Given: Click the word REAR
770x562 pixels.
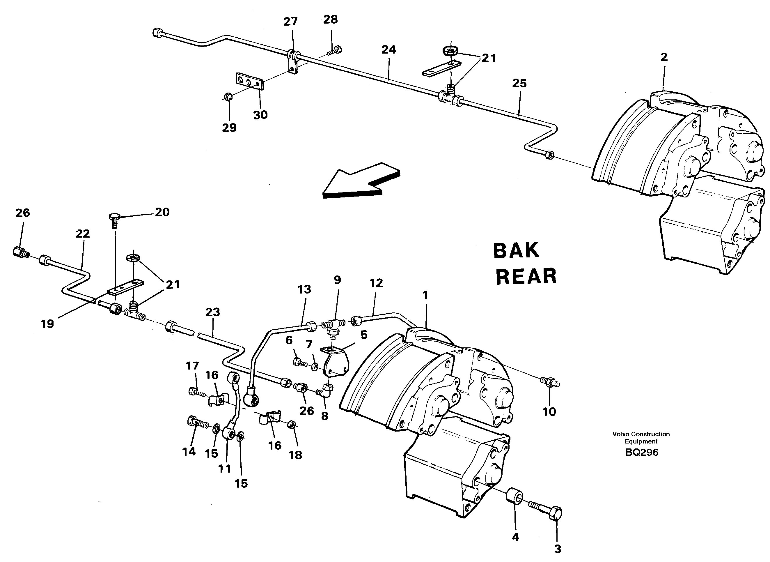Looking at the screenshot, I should [x=526, y=276].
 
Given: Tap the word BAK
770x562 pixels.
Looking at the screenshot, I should [x=516, y=251].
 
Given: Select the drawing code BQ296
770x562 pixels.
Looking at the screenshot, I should [x=641, y=452].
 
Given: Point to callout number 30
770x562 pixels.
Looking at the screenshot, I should [x=260, y=115].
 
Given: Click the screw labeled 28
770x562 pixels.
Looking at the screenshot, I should [x=335, y=51].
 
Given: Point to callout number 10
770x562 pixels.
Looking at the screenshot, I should [x=549, y=412].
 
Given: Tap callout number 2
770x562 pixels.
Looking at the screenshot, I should [x=664, y=57].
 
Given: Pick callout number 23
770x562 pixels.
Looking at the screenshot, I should [x=213, y=312].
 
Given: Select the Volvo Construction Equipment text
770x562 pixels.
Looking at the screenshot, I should [x=641, y=437].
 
